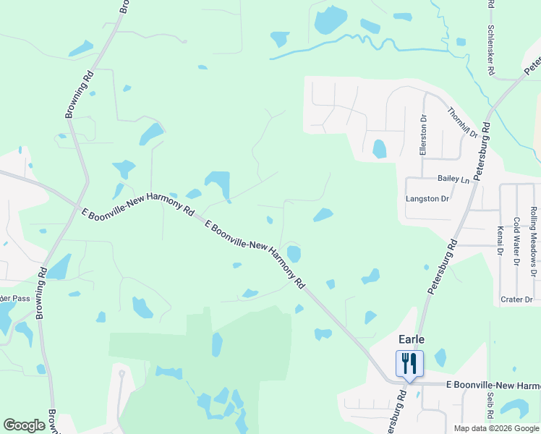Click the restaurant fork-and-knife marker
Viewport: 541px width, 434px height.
coord(409,363)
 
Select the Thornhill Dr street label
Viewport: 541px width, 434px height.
coord(463,123)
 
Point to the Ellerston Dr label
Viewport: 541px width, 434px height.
coord(424,135)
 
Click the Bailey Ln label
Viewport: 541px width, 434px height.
coord(453,178)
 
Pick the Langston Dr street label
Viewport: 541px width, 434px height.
coord(427,198)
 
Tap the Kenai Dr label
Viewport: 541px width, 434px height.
coord(500,242)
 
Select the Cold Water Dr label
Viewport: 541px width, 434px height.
coord(516,242)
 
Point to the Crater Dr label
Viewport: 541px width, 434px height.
coord(516,299)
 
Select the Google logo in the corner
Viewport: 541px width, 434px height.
coord(24,425)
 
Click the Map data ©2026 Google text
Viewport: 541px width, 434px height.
coord(496,428)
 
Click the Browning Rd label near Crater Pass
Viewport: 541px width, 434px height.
coord(41,294)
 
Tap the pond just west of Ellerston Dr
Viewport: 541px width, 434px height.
coord(379,148)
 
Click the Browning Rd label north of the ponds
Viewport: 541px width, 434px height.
coord(80,94)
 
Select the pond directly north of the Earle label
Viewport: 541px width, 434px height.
coord(370,317)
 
